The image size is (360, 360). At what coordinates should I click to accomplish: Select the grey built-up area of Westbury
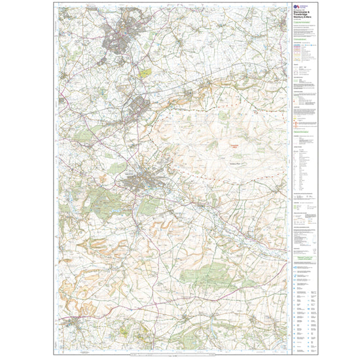click(x=141, y=105)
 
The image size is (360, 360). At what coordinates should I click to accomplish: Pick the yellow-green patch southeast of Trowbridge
click(x=145, y=73)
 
